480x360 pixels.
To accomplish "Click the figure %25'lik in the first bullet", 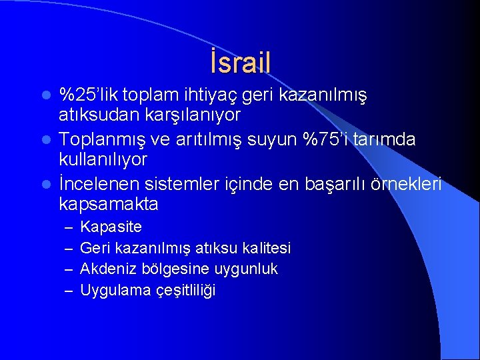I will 83,95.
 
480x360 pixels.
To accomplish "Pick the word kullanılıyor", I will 103,160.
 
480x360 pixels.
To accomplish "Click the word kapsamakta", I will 108,203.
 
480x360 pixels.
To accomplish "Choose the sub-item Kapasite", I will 111,227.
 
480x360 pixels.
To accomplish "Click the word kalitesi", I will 266,248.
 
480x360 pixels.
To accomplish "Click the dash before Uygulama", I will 68,291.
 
